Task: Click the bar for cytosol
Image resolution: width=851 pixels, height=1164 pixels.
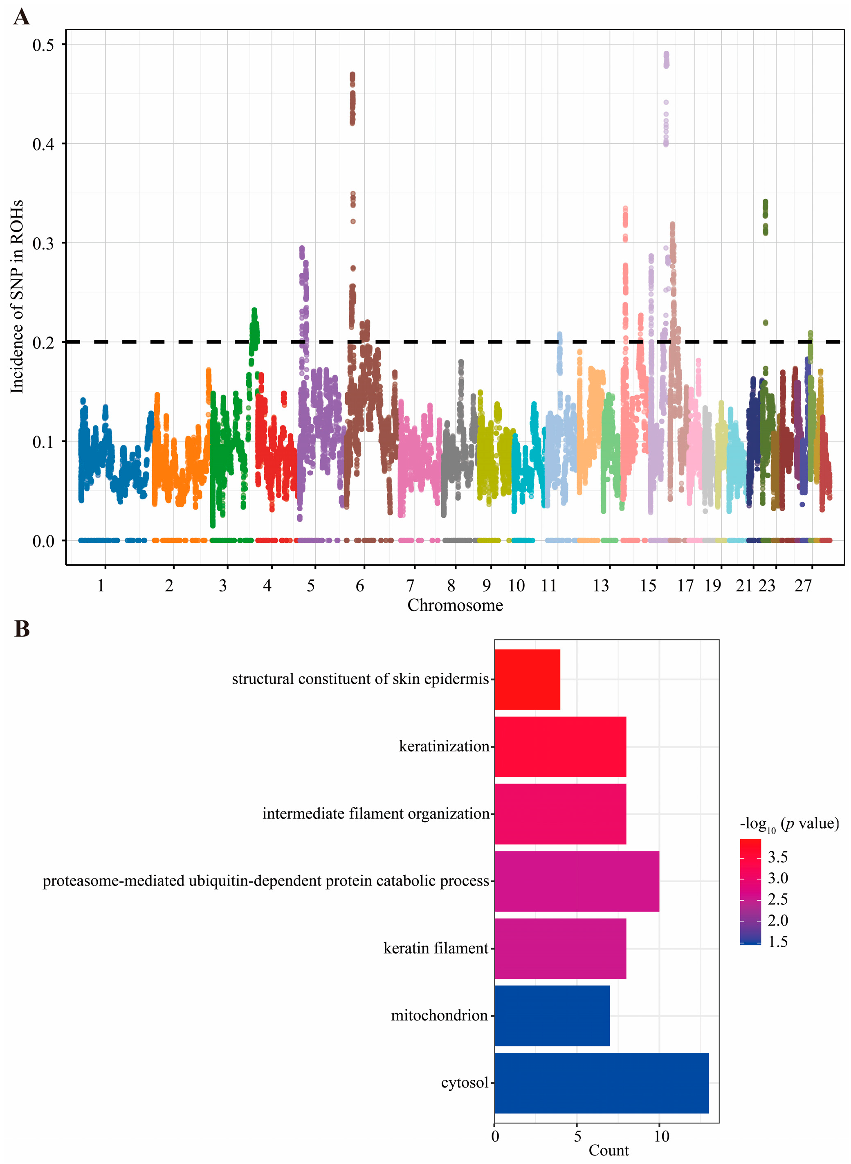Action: (601, 1083)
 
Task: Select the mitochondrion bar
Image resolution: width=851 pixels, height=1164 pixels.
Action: (552, 1016)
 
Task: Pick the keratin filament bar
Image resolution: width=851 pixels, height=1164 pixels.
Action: (560, 948)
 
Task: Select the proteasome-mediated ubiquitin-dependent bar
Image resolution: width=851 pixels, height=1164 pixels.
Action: (577, 881)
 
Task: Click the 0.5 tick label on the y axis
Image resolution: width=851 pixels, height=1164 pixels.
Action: (43, 45)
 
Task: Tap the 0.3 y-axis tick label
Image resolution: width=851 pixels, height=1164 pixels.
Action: (43, 243)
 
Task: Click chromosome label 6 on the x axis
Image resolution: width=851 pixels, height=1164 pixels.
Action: (359, 585)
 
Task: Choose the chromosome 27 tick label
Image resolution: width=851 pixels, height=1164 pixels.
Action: (803, 585)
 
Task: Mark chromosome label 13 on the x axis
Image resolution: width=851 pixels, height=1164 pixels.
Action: (601, 585)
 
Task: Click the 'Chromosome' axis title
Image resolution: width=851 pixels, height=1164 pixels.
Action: (455, 605)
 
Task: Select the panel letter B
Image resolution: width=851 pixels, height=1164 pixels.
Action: (22, 629)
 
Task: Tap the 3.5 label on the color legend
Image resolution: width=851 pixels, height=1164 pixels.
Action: (777, 857)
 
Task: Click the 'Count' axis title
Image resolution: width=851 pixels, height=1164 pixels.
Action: (608, 1151)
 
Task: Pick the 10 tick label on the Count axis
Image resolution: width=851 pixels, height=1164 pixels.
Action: (661, 1136)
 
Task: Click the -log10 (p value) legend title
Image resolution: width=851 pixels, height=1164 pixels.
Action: (789, 824)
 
